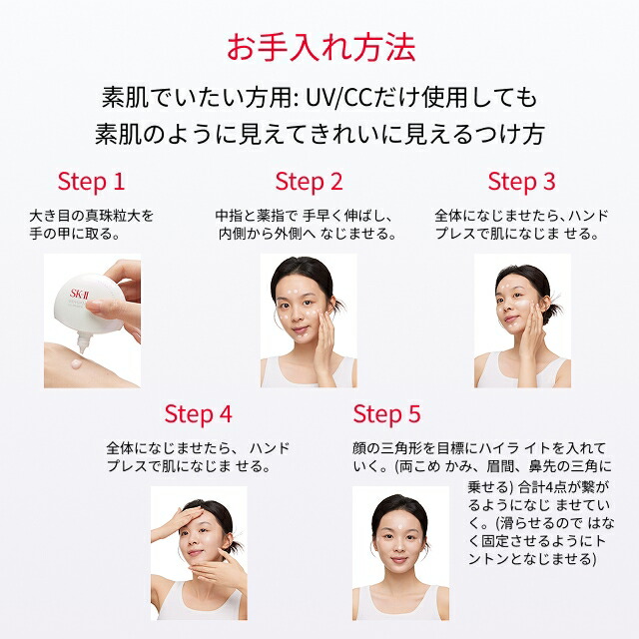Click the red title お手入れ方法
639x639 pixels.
[x=319, y=47]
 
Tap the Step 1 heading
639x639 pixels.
[x=91, y=182]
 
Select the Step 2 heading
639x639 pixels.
[x=309, y=182]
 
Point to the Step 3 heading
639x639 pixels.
[x=521, y=182]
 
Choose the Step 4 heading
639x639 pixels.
[x=198, y=414]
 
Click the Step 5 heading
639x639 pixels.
[x=386, y=414]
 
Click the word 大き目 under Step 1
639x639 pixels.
[x=50, y=217]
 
